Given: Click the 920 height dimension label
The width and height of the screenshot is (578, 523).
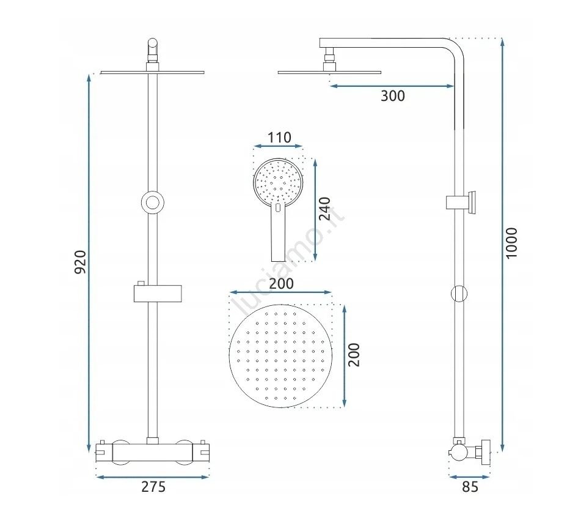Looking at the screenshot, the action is click(x=81, y=262).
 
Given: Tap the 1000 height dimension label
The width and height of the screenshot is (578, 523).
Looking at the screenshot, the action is click(x=511, y=243).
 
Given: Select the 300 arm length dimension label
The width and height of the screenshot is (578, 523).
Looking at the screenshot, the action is click(x=393, y=96).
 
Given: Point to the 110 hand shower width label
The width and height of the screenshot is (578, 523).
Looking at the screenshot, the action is click(x=279, y=138).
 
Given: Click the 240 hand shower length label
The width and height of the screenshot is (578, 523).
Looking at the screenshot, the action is click(x=324, y=209).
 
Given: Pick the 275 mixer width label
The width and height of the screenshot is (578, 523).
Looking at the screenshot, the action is click(x=153, y=487).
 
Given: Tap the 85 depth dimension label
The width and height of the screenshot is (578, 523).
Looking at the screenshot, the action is click(x=470, y=487).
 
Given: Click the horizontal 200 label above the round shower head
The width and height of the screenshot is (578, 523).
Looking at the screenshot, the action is click(x=281, y=284).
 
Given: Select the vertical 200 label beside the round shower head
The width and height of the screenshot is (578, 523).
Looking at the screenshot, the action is click(x=354, y=355).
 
